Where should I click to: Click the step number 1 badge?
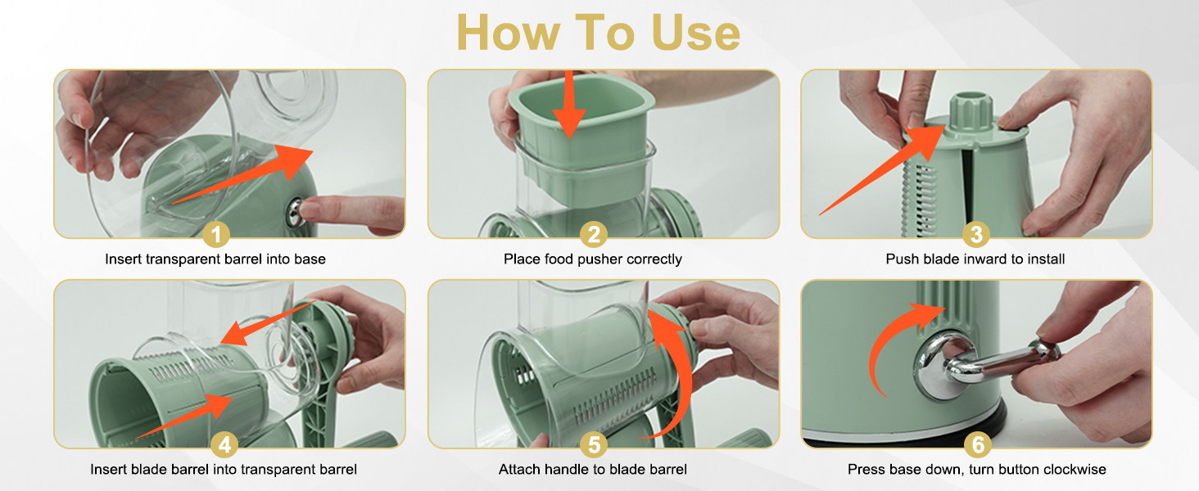216,234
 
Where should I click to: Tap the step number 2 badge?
594,234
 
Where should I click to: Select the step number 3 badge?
975,234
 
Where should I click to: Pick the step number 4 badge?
224,444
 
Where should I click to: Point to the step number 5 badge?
594,444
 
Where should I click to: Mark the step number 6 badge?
978,444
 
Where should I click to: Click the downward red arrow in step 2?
568,104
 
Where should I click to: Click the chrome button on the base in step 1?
296,211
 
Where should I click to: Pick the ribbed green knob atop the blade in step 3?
971,112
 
